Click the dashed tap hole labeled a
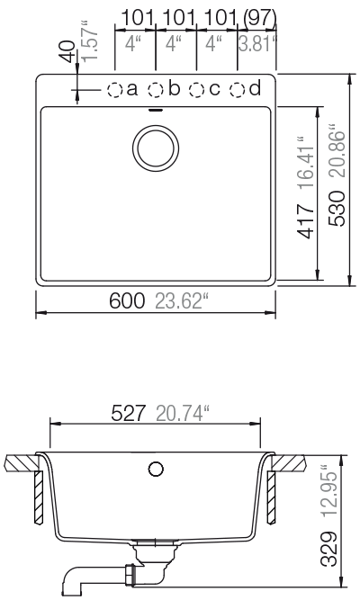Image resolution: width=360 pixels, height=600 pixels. click(x=116, y=89)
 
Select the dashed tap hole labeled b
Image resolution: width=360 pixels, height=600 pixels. click(x=157, y=89)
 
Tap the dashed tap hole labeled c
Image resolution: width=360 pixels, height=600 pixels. click(x=197, y=89)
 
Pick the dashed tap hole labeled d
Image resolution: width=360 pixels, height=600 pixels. click(x=238, y=89)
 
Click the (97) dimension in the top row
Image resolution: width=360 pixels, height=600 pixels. click(x=258, y=17)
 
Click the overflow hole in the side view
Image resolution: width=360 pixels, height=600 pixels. click(x=156, y=469)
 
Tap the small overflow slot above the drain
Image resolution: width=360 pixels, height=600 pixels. click(x=157, y=111)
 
